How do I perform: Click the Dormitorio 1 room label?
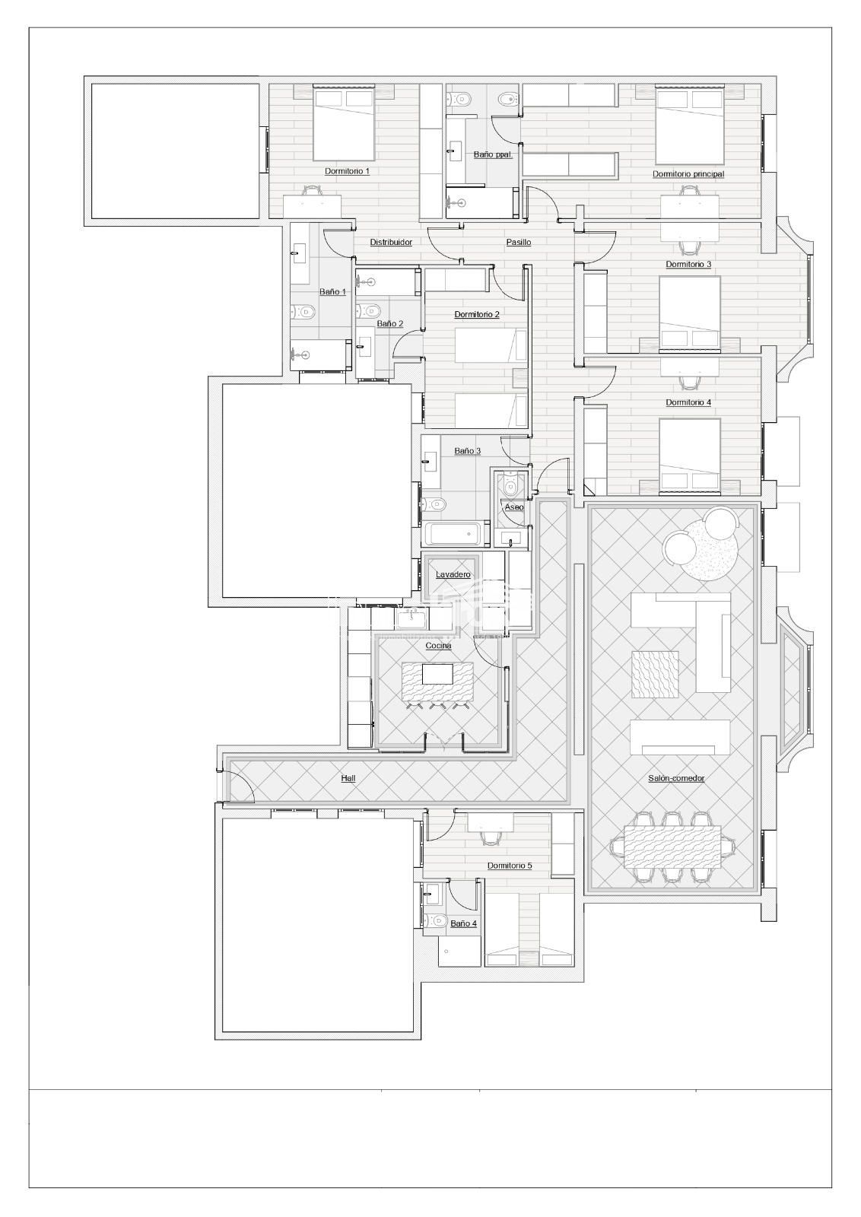(347, 171)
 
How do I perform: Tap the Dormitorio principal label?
(688, 174)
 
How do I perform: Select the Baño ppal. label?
(493, 155)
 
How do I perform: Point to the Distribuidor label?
(391, 243)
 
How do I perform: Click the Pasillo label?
(519, 243)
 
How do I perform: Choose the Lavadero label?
(453, 575)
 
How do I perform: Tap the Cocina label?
(438, 646)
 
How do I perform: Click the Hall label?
(348, 778)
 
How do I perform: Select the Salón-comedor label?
(676, 778)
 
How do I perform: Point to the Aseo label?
(514, 507)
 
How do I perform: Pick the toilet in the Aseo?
(510, 484)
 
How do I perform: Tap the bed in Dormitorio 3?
(690, 313)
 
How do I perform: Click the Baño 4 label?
(463, 923)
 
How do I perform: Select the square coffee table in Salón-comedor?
(655, 674)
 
